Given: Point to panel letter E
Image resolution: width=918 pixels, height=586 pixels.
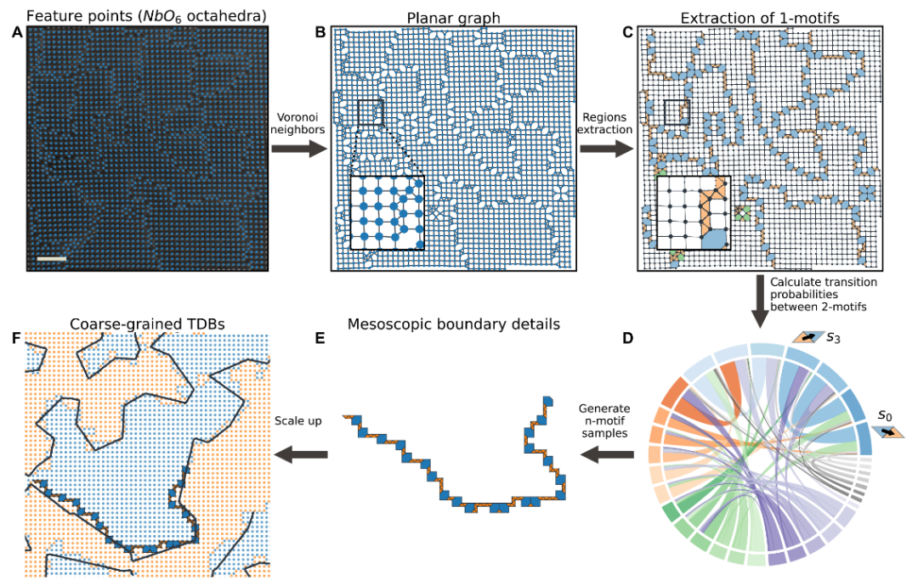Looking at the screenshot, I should pyautogui.click(x=320, y=338).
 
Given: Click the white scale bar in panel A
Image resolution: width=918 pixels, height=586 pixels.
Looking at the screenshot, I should pyautogui.click(x=52, y=256).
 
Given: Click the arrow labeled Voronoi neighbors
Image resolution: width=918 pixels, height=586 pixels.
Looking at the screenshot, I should pyautogui.click(x=297, y=149).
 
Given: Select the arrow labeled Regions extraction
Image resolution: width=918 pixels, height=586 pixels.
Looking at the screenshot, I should pyautogui.click(x=606, y=149).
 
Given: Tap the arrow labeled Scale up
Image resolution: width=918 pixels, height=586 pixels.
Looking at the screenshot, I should pyautogui.click(x=302, y=455).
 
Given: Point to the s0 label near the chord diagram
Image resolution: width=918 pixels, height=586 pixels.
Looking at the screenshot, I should pyautogui.click(x=886, y=416).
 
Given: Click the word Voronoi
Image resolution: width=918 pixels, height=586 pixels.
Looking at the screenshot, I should pyautogui.click(x=297, y=116).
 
